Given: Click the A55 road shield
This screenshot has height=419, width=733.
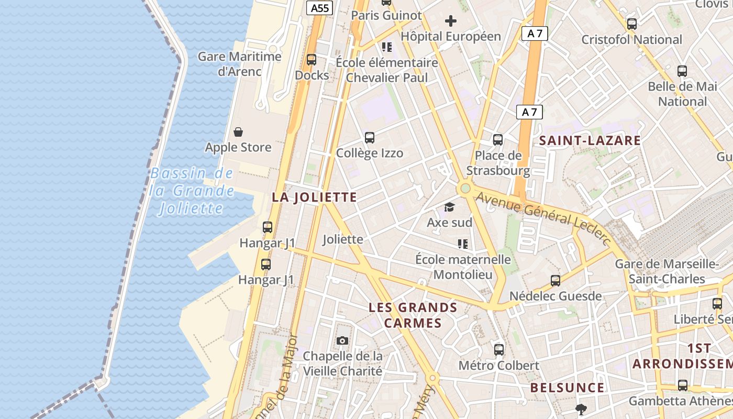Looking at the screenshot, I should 320,8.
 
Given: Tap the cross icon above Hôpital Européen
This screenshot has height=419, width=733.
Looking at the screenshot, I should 451,21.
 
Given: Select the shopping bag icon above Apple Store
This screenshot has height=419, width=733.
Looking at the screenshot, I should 238,131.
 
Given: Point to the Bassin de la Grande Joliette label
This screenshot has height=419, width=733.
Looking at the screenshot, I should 192,191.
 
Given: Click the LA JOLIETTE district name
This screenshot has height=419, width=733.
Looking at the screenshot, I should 314,197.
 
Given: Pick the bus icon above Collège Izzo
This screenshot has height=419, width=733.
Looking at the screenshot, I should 370,138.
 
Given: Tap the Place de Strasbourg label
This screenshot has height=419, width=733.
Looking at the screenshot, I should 498,163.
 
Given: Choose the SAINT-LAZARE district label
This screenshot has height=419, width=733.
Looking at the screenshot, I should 590,140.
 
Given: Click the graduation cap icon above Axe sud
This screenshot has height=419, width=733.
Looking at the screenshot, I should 449,207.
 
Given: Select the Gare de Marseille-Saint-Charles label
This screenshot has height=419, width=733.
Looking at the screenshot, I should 667,271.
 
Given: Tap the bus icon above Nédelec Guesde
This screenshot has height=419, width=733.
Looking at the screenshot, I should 556,281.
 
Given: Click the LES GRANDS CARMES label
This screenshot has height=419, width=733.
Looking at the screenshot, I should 413,315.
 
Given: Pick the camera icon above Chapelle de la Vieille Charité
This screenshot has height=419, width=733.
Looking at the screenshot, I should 342,341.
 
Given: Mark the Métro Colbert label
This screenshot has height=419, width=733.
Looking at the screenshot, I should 498,365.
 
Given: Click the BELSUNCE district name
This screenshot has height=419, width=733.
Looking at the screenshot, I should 567,388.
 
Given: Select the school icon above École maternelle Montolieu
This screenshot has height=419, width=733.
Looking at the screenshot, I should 463,244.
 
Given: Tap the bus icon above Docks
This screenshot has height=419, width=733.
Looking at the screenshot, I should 312,60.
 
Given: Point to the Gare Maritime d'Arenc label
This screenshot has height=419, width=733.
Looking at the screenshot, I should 239,63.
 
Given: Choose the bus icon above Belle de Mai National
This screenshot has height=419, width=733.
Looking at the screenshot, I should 682,71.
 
